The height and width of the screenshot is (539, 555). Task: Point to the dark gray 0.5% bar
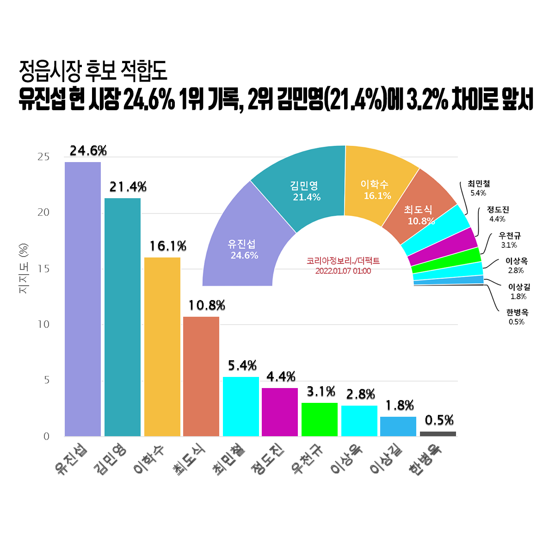pos(438,434)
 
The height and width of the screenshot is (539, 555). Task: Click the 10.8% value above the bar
pos(206,306)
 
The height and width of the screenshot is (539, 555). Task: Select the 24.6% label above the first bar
pos(88,151)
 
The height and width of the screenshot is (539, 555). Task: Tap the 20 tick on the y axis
pos(43,213)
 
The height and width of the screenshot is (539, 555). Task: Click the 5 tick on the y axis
pos(47,380)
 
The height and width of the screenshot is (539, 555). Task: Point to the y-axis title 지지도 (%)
pos(23,269)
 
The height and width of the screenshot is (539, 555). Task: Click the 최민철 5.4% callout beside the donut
pos(479,188)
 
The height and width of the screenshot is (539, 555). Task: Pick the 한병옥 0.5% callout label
pos(517,317)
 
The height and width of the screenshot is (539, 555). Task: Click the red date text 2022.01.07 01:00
pos(343,271)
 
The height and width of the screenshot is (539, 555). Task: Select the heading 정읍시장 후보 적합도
pos(93,71)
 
